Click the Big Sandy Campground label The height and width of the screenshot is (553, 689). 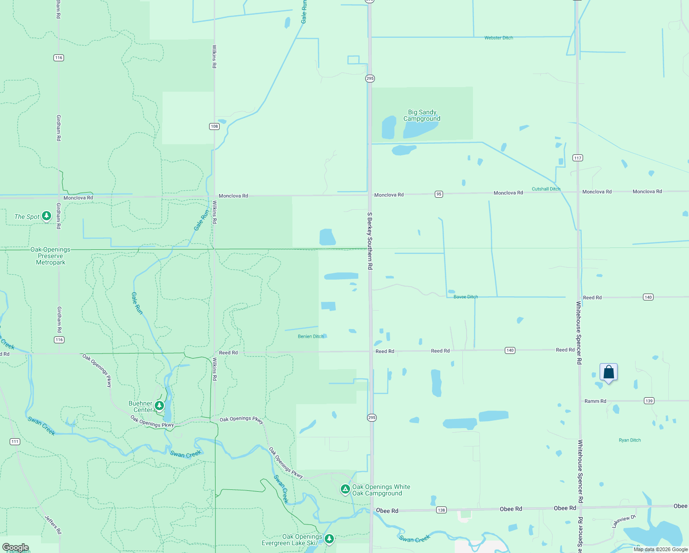(x=422, y=115)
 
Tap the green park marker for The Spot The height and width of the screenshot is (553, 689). (x=47, y=216)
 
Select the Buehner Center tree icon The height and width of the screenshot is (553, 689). (x=159, y=406)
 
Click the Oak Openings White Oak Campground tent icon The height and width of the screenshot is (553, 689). (x=345, y=488)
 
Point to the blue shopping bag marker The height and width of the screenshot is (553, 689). (x=608, y=372)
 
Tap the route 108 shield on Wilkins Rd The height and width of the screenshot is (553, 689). (x=214, y=126)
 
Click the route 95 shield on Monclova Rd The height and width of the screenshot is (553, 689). (x=439, y=194)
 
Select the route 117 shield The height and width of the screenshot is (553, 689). (x=578, y=158)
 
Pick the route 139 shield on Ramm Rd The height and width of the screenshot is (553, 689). (x=649, y=400)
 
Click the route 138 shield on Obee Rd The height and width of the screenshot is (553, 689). (x=441, y=510)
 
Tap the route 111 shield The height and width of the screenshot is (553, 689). (x=15, y=441)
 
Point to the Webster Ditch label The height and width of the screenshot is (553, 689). (x=498, y=38)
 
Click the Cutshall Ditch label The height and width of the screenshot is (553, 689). (x=546, y=189)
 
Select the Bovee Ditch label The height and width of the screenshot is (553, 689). (x=466, y=297)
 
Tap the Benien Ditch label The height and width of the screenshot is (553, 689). (x=310, y=336)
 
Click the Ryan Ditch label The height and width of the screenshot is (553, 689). (x=630, y=440)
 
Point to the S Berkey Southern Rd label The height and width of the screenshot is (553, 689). (x=369, y=241)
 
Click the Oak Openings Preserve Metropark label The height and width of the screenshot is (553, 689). (x=51, y=256)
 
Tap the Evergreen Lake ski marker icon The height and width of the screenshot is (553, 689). (x=329, y=538)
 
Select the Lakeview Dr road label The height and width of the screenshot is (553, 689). (x=624, y=521)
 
